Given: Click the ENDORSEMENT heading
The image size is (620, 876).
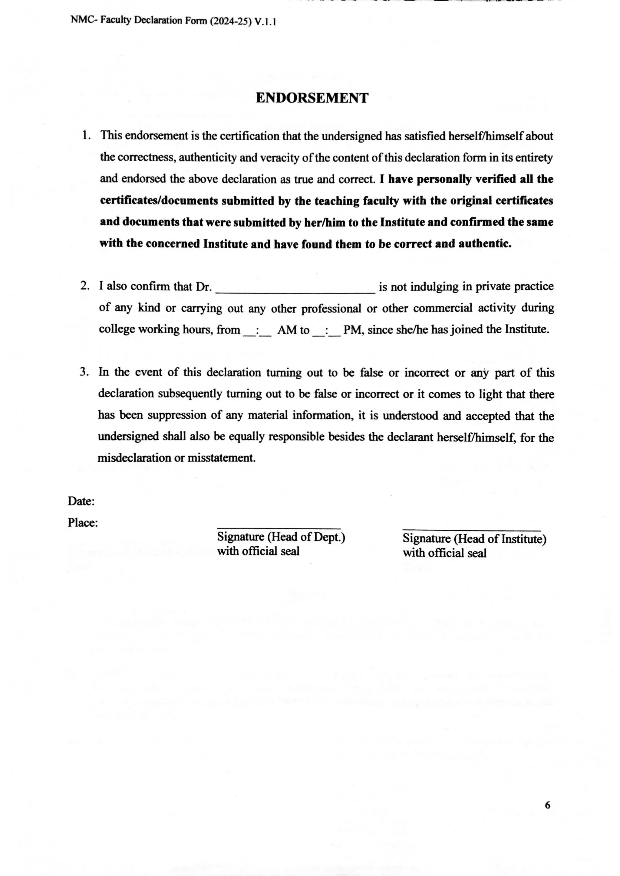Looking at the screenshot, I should point(312,98).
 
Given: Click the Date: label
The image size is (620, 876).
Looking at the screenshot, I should point(81,501).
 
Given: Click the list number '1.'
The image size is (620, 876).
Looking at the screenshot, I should point(87,136).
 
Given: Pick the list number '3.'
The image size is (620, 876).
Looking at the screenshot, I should point(84,372).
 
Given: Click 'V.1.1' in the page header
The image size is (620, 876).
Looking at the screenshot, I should point(265,22).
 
